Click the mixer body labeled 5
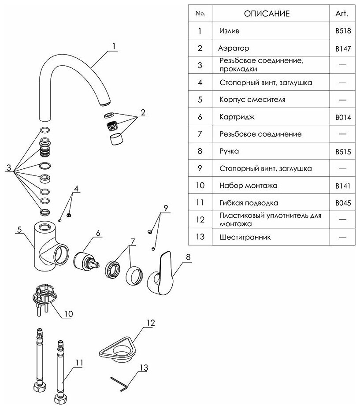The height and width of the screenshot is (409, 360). (46, 247)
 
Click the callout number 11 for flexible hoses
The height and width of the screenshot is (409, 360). (79, 362)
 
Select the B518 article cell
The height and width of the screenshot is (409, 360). (342, 31)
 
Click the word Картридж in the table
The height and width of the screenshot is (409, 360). (237, 117)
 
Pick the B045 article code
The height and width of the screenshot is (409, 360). (342, 203)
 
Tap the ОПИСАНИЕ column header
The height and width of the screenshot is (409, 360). (267, 13)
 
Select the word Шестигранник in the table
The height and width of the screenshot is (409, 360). (245, 237)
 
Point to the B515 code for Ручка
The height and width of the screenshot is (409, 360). (342, 152)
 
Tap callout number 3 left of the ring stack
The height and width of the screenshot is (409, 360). (9, 168)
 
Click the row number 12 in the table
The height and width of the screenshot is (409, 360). (200, 219)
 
